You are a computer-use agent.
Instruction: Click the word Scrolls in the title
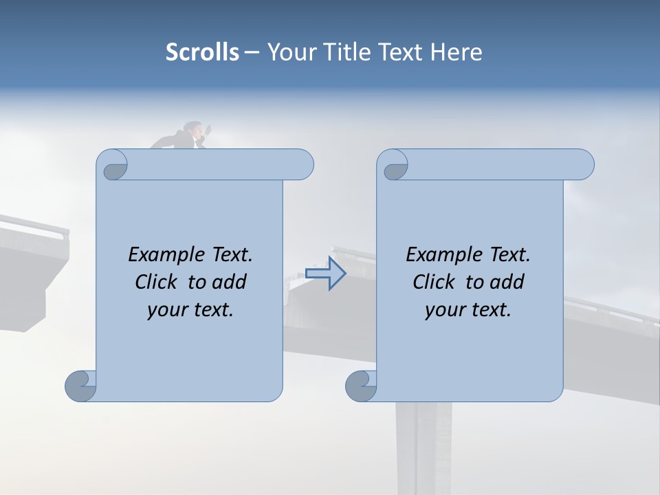(202, 52)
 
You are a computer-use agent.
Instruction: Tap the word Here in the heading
(456, 52)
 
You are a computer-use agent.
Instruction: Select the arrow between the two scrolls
(326, 274)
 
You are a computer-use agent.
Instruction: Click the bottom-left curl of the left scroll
(81, 386)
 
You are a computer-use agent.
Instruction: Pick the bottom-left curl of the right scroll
(361, 386)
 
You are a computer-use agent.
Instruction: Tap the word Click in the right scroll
(433, 282)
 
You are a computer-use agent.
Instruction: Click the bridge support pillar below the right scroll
(423, 447)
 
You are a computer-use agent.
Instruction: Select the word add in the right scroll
(507, 282)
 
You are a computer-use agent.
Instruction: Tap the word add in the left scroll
(230, 282)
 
